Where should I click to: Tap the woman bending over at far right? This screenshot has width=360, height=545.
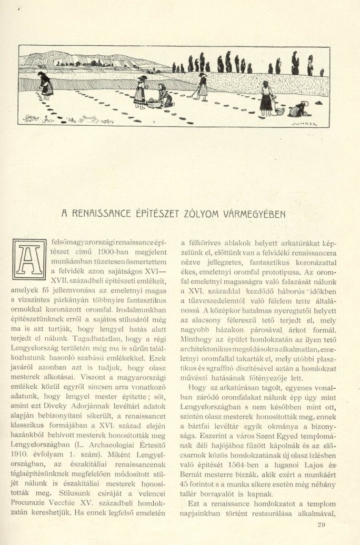tap(298, 109)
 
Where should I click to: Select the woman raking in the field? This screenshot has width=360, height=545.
tap(202, 87)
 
